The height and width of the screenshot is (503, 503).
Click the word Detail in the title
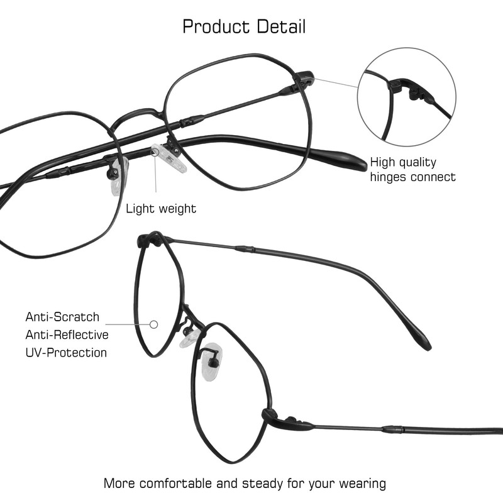(281, 27)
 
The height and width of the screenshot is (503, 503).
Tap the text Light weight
(161, 208)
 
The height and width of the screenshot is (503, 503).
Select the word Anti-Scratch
(62, 317)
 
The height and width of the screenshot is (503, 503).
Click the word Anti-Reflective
(67, 334)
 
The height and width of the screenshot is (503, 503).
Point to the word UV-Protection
(66, 352)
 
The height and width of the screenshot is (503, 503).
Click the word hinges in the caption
(388, 177)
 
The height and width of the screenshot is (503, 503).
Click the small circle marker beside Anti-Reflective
(153, 324)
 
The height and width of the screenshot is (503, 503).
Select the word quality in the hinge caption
(416, 162)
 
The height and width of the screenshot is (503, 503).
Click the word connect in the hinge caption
(433, 177)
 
